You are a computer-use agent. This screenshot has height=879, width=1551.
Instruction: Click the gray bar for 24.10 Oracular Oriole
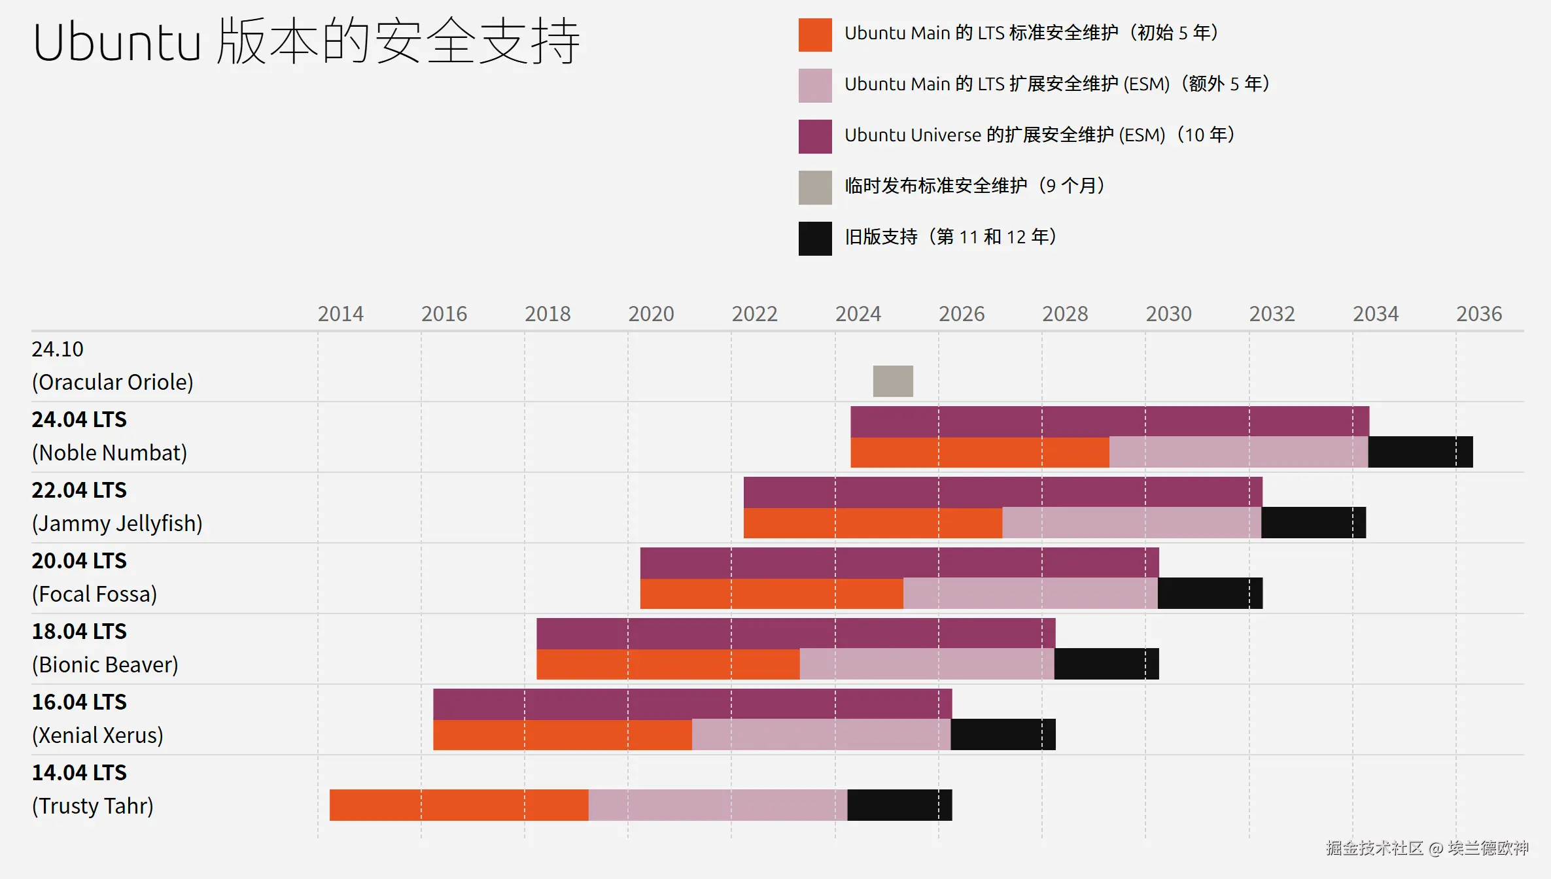893,381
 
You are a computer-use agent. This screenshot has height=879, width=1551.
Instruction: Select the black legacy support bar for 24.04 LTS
1420,452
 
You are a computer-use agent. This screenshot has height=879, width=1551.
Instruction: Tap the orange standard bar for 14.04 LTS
459,805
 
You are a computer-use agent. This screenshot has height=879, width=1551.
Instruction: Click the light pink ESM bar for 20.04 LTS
1030,593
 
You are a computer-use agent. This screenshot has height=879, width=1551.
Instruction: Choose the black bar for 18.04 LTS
1106,664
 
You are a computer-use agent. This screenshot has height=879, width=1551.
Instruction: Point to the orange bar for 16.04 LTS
562,734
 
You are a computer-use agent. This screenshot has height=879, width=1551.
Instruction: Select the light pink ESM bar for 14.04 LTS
718,805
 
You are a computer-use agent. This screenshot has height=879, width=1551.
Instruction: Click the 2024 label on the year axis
858,314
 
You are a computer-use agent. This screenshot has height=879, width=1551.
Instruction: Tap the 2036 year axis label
1478,314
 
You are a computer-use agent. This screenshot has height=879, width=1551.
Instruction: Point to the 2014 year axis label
340,314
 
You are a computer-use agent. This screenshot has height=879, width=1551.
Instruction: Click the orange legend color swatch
815,35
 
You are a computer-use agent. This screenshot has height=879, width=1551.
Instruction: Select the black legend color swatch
815,239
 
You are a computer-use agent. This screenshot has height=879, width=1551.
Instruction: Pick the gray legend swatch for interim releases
815,188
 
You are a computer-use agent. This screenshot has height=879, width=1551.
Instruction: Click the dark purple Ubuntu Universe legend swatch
815,137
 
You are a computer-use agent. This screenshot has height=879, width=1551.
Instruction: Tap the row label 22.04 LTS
79,490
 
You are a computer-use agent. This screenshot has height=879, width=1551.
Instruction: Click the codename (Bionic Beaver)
105,664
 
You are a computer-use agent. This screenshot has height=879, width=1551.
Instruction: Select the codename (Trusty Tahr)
92,806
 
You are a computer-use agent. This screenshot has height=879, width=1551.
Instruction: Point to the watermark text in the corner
1427,848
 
